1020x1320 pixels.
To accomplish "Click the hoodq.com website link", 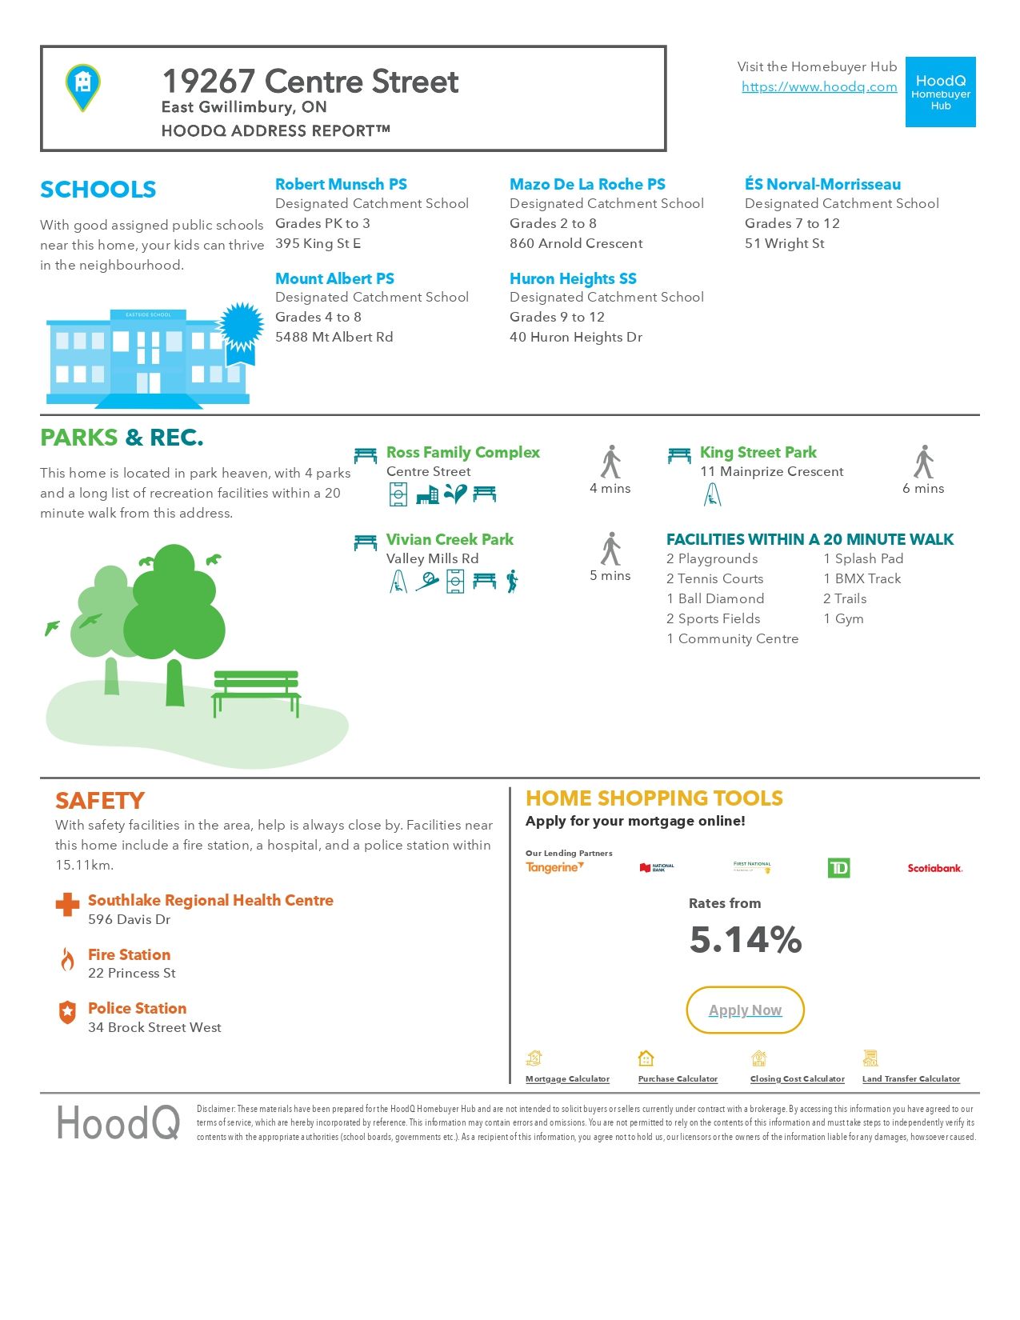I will (819, 87).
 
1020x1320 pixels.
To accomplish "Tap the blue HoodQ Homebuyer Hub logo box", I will (940, 92).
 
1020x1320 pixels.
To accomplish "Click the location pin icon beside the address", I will (82, 86).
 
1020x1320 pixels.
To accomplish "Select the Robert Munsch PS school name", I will (341, 185).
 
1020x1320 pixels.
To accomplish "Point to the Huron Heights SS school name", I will (573, 279).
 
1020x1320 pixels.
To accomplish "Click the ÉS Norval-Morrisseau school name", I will (822, 185).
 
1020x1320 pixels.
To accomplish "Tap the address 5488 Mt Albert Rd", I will (334, 338).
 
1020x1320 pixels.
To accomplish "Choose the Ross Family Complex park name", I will (462, 453).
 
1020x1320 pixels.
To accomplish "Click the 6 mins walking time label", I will (923, 489).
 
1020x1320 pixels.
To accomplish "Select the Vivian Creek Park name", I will (450, 540).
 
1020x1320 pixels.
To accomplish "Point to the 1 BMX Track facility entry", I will (862, 579).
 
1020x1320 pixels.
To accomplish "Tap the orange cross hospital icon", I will (67, 905).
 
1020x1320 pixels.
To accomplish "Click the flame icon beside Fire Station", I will (68, 959).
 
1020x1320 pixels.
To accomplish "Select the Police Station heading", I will (137, 1009).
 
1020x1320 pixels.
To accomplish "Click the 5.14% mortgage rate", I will (746, 940).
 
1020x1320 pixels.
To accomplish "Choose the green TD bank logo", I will (838, 868).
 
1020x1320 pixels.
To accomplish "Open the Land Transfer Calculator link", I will (910, 1079).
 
